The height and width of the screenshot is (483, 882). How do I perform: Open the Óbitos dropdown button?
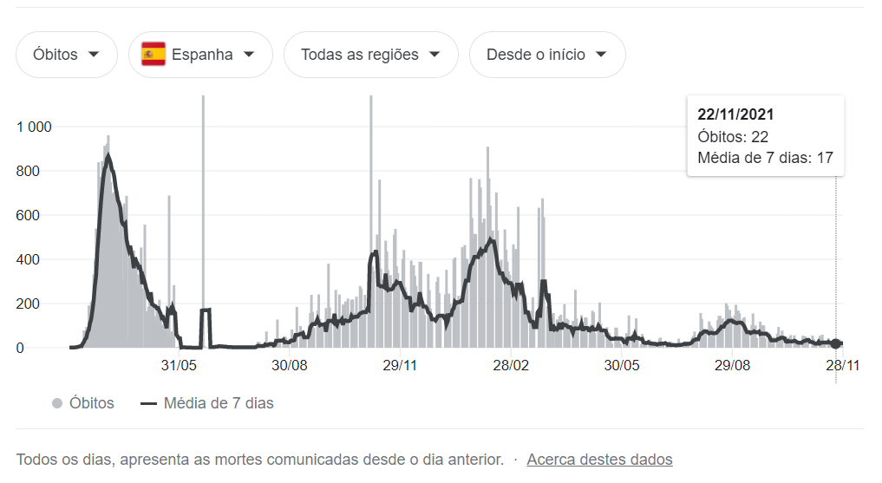67,55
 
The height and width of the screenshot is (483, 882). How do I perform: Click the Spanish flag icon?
154,55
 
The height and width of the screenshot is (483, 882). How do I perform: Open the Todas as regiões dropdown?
370,55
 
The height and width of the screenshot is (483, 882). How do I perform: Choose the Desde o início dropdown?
546,55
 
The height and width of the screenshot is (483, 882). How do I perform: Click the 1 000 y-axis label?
35,127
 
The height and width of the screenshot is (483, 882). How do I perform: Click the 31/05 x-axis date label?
180,366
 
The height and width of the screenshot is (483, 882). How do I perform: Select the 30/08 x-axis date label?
291,366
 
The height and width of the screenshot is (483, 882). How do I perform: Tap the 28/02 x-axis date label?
511,366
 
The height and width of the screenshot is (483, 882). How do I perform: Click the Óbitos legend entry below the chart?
83,403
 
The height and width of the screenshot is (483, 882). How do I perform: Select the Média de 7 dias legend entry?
207,403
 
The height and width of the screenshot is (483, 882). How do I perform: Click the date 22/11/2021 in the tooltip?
735,114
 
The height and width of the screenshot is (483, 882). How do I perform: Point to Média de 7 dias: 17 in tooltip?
765,158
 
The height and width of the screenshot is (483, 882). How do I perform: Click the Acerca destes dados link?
599,460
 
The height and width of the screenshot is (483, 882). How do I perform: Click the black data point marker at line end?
836,344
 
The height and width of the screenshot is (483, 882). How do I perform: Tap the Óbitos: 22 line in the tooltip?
733,137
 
